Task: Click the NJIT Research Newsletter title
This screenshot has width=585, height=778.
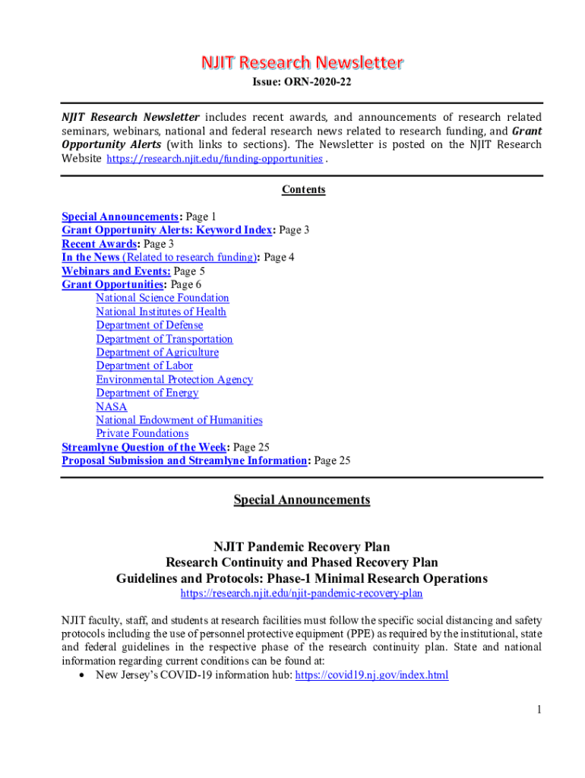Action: tap(302, 62)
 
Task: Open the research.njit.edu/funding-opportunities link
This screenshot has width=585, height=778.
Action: tap(214, 159)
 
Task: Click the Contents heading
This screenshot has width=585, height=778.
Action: tap(303, 190)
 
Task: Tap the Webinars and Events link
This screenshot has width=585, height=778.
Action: tap(115, 270)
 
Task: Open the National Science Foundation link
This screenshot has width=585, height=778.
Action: tap(162, 298)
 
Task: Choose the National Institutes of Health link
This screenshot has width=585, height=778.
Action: tap(160, 312)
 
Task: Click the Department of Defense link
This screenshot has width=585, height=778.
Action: tap(149, 325)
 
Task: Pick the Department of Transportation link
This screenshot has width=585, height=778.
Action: tap(164, 339)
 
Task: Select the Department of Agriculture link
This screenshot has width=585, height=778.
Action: tap(157, 353)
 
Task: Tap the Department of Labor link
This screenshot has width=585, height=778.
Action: tap(144, 365)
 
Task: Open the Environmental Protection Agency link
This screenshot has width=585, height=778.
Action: tap(174, 379)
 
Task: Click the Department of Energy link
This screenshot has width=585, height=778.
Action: tap(147, 393)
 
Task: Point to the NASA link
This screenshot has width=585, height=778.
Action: tap(111, 406)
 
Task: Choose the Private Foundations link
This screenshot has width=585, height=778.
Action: tap(142, 433)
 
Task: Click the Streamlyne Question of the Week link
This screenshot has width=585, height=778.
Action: tap(144, 447)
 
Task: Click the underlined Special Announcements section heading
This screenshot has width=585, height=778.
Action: tap(302, 500)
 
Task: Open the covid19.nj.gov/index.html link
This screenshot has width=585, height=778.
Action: tap(372, 675)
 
